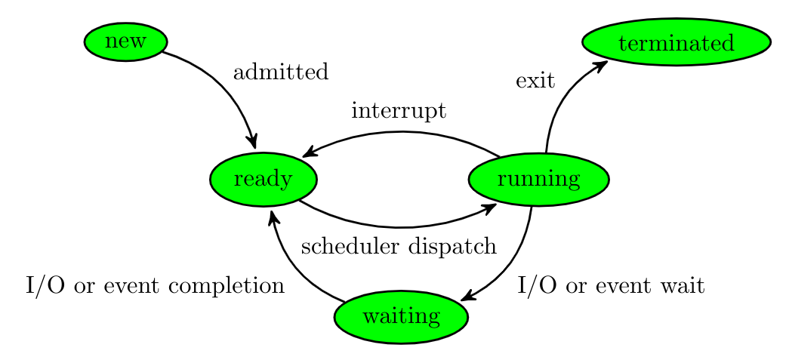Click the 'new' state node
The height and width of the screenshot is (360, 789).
click(x=125, y=42)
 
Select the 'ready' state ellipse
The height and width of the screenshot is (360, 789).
click(x=263, y=180)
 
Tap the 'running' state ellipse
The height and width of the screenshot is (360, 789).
click(x=538, y=180)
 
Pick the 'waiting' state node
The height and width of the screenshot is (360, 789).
click(x=401, y=317)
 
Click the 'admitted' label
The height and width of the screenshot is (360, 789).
click(x=281, y=73)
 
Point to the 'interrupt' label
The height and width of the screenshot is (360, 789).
click(x=399, y=112)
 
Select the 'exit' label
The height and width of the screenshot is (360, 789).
click(x=535, y=81)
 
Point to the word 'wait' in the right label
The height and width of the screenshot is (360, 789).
click(x=684, y=286)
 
